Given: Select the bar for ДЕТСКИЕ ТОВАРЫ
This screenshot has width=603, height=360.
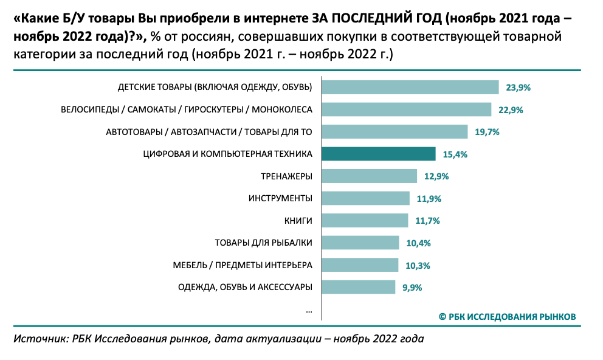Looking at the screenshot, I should click(x=410, y=88).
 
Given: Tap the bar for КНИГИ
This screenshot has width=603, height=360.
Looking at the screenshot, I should click(x=365, y=221).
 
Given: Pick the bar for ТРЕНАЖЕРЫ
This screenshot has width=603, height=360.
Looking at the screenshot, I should click(x=369, y=176).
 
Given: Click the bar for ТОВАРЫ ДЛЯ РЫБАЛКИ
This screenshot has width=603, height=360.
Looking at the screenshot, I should click(x=360, y=243).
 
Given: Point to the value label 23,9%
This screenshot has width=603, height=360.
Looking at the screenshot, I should click(x=519, y=88).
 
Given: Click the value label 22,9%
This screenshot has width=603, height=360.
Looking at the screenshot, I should click(x=511, y=110).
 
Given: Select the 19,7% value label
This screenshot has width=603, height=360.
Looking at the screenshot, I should click(x=487, y=132).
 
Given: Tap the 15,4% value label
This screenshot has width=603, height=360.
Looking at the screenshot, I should click(x=455, y=154).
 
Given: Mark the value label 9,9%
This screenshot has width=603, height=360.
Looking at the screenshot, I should click(x=412, y=287).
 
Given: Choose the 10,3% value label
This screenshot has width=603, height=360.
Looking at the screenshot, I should click(x=418, y=265).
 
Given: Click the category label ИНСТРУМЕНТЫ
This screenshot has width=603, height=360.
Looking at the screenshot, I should click(x=280, y=199).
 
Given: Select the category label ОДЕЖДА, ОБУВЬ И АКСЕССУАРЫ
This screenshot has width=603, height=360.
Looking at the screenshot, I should click(x=245, y=287).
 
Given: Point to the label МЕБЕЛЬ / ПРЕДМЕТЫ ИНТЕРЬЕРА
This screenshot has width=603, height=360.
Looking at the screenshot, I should click(x=243, y=265).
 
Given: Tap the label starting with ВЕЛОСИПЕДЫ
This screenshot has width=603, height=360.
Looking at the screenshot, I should click(x=187, y=110).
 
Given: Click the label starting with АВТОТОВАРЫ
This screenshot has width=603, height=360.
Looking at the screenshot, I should click(x=209, y=132).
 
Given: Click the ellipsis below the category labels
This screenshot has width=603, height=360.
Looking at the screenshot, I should click(x=309, y=310).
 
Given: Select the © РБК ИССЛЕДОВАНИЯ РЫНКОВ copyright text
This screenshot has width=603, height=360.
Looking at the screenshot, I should click(x=507, y=316).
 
